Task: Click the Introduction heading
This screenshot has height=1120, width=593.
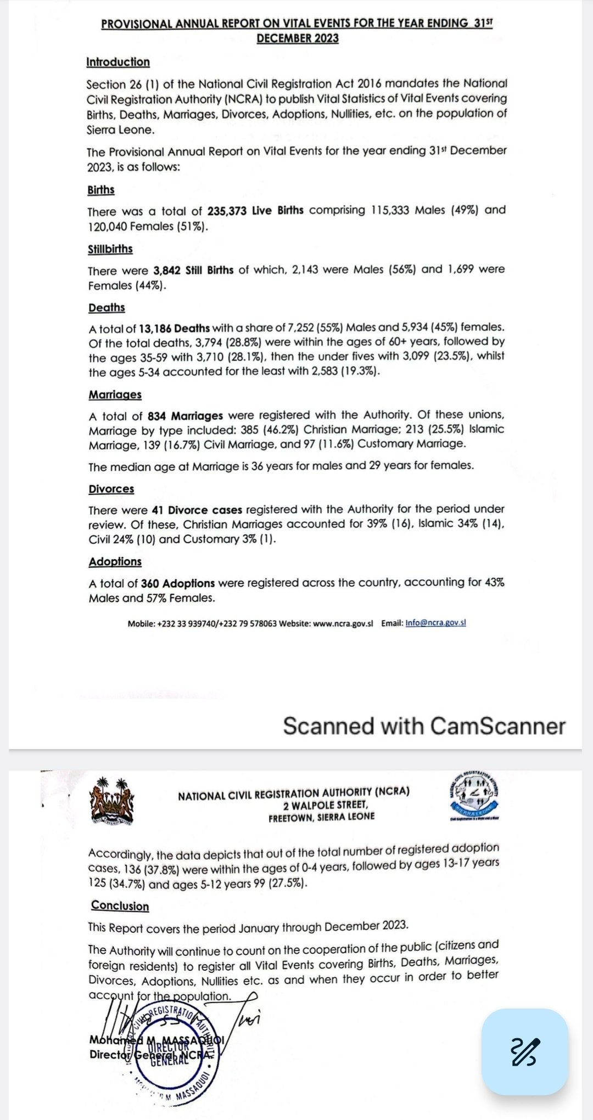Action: tap(118, 62)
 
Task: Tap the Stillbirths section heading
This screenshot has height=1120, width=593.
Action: tap(110, 249)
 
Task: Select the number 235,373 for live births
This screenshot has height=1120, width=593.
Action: tap(228, 211)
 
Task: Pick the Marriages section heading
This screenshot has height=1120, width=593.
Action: tap(115, 395)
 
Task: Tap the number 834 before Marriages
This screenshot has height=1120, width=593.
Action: tap(156, 416)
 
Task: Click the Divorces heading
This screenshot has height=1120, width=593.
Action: tap(111, 489)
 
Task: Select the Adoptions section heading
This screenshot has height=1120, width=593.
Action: tap(115, 561)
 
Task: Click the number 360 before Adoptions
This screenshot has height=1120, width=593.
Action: tap(150, 583)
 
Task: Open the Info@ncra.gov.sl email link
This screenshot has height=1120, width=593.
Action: tap(435, 623)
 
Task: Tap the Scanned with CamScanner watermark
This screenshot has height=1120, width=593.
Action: tap(424, 726)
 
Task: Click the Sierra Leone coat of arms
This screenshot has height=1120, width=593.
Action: tap(111, 801)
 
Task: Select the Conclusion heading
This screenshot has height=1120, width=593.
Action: tap(120, 906)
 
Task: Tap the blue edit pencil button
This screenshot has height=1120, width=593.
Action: tap(524, 1052)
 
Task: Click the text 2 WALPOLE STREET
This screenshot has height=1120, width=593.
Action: tap(326, 805)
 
